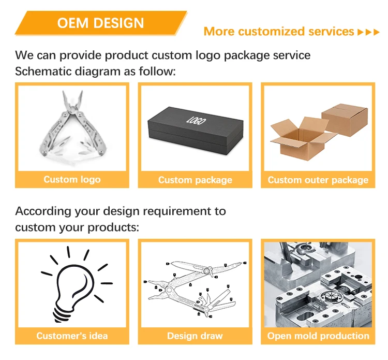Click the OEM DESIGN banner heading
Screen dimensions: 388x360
(100, 23)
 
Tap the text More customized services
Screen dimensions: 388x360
(279, 32)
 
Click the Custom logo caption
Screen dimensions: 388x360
(72, 180)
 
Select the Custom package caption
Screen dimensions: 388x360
(195, 180)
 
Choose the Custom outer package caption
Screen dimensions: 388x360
(318, 180)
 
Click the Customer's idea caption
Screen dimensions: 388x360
(72, 336)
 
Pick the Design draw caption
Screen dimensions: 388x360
(195, 336)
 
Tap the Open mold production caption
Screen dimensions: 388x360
(318, 336)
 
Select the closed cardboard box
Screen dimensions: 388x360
(344, 119)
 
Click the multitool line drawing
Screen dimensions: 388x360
(196, 285)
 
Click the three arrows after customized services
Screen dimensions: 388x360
(369, 32)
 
